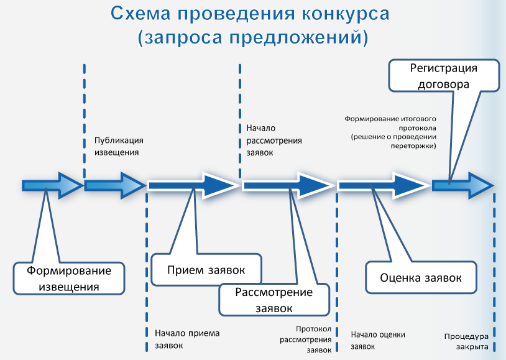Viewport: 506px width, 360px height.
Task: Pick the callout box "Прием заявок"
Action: click(206, 270)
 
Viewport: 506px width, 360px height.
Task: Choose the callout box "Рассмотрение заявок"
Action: click(274, 299)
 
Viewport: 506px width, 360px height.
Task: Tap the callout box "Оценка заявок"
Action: click(421, 277)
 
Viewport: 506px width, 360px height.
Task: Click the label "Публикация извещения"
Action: click(119, 145)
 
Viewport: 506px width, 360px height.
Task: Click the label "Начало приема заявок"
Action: click(186, 339)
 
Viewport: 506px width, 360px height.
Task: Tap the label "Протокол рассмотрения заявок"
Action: click(306, 339)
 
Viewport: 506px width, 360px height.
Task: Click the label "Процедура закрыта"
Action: click(466, 341)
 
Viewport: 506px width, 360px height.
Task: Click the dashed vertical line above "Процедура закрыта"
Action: click(493, 261)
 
